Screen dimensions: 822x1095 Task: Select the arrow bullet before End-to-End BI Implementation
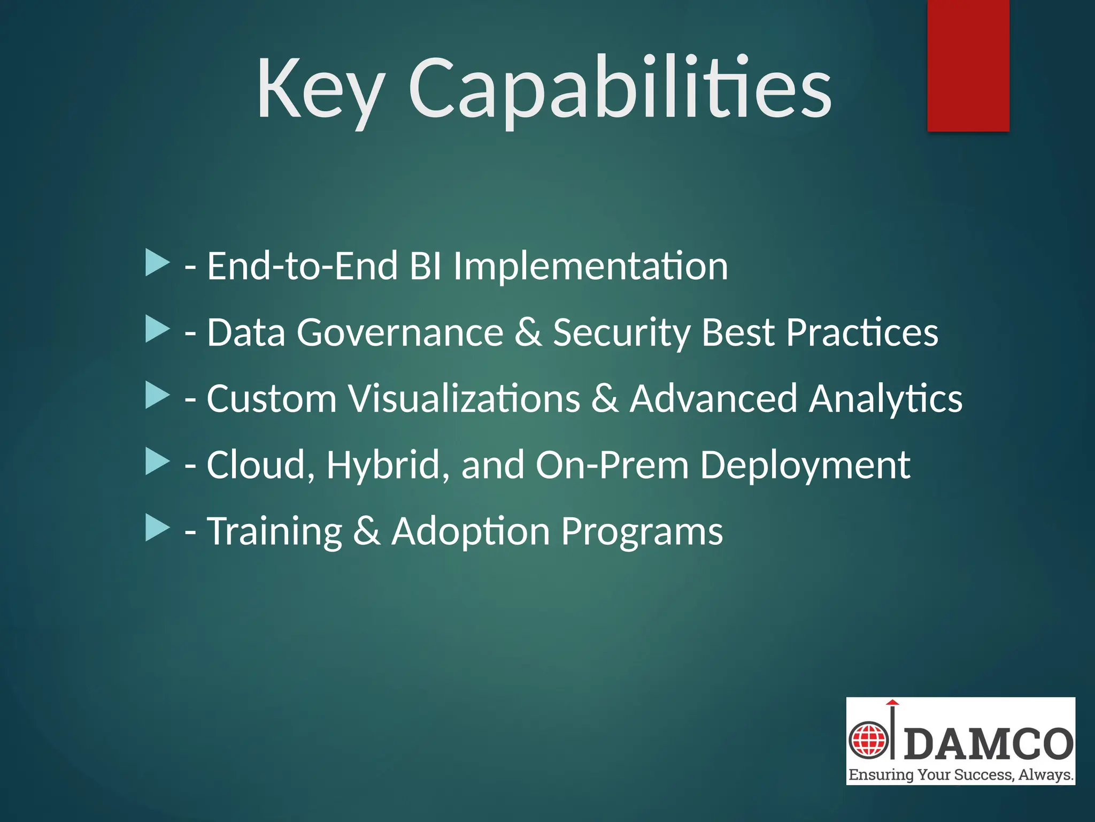coord(157,263)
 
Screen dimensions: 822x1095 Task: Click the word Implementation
coord(590,266)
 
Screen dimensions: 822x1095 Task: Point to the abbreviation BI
coord(425,266)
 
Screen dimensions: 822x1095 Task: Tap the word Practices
coord(862,332)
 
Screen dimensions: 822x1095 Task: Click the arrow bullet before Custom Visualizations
coord(157,395)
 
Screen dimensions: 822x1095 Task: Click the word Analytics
coord(885,399)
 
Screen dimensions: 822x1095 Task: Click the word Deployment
coord(805,465)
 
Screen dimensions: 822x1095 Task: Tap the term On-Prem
coord(612,465)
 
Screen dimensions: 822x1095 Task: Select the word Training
coord(274,531)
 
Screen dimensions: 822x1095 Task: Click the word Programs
coord(642,531)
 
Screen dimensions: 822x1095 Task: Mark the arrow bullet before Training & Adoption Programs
coord(157,528)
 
